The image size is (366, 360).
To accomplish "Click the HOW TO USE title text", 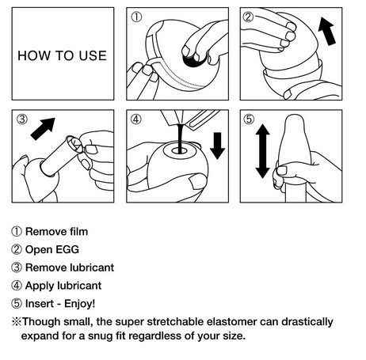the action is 62,55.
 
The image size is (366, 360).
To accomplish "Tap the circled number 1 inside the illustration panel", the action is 136,17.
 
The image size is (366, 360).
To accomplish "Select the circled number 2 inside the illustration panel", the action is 248,17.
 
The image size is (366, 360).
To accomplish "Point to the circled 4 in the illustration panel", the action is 135,119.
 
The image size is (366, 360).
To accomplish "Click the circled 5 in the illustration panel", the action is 249,119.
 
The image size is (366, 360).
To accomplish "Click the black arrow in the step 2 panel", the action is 327,31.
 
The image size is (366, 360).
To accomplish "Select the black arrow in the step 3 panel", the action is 43,129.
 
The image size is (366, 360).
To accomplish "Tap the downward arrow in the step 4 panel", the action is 217,146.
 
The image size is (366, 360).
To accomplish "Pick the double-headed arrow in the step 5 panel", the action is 262,151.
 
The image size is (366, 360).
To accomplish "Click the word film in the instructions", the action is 78,232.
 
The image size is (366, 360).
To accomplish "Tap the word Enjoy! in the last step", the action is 80,304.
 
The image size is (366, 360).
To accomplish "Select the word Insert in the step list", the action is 39,304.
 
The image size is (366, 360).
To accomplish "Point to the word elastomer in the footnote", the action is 232,322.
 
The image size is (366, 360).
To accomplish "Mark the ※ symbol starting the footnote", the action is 17,322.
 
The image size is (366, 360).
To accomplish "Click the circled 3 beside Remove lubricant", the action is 17,267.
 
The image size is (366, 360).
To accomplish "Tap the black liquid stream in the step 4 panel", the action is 181,138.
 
